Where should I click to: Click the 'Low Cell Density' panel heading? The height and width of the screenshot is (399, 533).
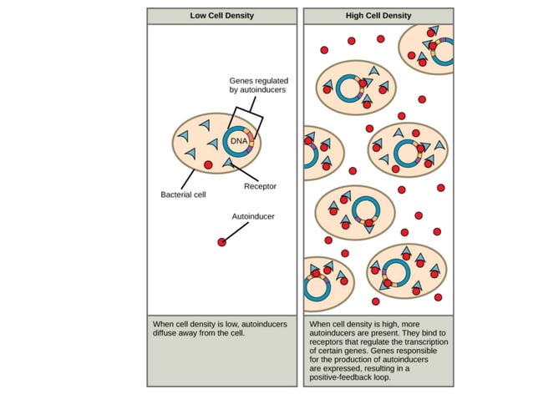click(x=222, y=15)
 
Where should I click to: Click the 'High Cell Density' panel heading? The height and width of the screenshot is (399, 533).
click(x=379, y=15)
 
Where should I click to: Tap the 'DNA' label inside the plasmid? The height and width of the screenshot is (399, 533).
click(x=240, y=141)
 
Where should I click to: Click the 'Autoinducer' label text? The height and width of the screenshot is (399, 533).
click(x=253, y=216)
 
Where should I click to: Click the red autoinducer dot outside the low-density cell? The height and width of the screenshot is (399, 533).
click(x=221, y=242)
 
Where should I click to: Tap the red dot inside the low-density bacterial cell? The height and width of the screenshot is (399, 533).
click(x=208, y=164)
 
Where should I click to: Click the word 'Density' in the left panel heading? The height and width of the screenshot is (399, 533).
click(x=241, y=15)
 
